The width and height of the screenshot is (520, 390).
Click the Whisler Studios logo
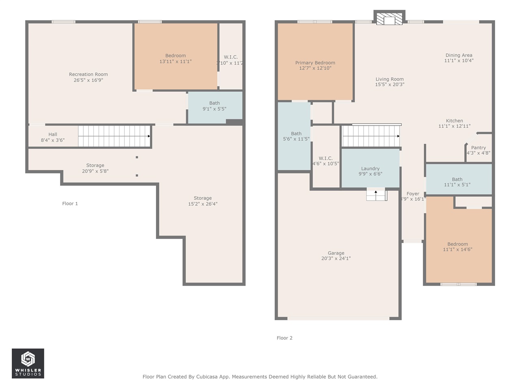28,363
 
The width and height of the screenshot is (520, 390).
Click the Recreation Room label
88,74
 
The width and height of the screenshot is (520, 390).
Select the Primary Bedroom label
315,63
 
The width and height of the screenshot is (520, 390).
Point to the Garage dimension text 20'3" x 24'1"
336,258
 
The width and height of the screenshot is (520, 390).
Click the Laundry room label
370,169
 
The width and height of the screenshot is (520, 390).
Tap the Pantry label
478,148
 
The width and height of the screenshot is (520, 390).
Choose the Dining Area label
459,55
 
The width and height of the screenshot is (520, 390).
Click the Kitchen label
454,121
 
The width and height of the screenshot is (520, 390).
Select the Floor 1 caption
70,204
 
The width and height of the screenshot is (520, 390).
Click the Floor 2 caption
284,338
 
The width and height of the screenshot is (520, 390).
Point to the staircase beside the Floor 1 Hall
114,136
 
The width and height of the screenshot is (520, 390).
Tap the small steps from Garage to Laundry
376,195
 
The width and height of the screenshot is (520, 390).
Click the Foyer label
413,194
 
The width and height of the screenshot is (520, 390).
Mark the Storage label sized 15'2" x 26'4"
202,198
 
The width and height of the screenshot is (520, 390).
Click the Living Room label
389,79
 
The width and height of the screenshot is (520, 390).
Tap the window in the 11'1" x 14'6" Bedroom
458,284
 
